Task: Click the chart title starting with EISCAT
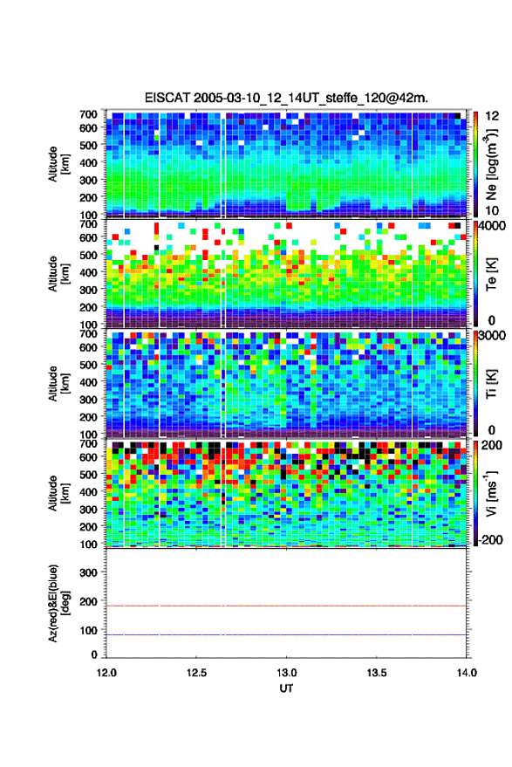point(286,98)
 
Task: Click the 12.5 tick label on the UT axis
point(196,673)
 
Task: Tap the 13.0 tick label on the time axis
point(286,673)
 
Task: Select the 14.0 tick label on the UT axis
point(466,673)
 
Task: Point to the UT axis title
point(286,688)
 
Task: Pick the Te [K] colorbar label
point(491,274)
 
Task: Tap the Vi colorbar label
point(491,493)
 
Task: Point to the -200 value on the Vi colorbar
point(490,540)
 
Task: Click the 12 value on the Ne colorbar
point(492,116)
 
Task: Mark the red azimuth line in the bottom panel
point(286,606)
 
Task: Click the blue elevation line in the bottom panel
point(286,634)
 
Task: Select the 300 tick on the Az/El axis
point(88,572)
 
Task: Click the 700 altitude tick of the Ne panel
point(88,114)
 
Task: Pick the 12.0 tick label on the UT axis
point(106,673)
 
